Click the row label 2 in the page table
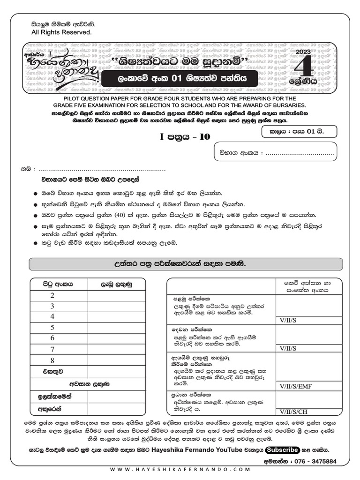[x=52, y=295]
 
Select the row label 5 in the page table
[x=52, y=328]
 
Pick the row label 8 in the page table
[x=52, y=360]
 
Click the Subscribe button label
[x=282, y=450]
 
